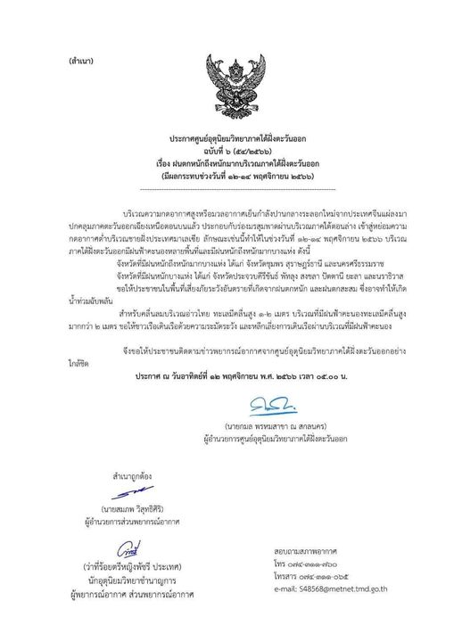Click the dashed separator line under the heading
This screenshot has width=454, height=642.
click(230, 189)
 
